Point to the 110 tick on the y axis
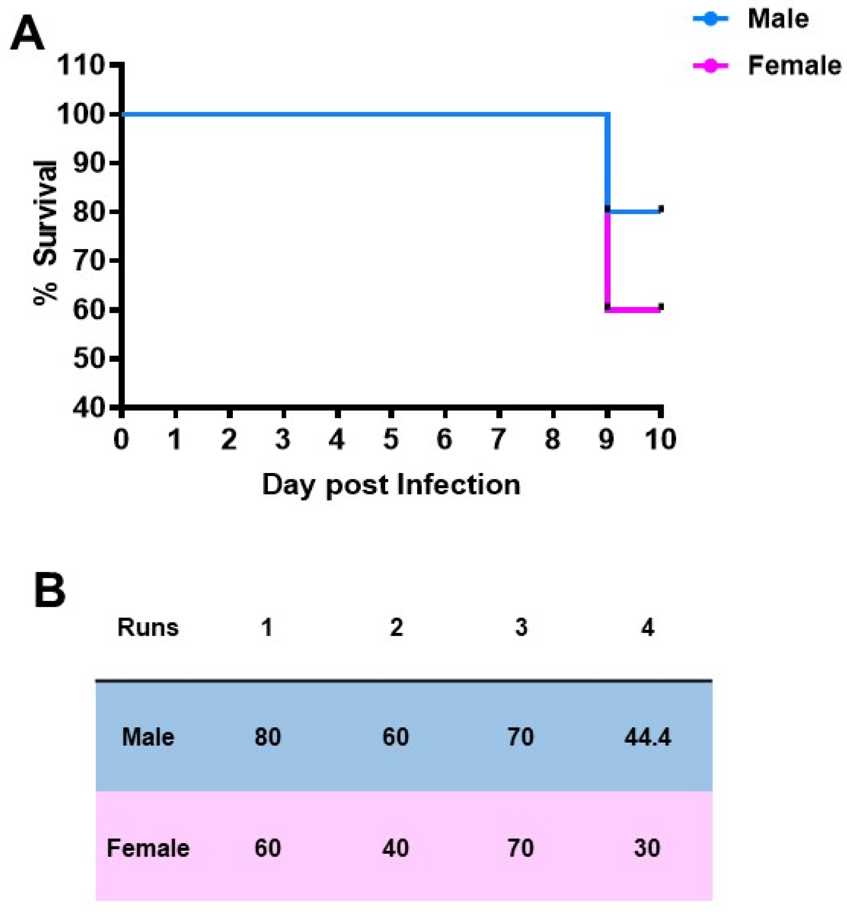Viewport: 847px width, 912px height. [80, 65]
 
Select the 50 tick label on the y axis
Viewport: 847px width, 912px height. [89, 359]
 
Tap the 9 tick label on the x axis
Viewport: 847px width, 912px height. [606, 439]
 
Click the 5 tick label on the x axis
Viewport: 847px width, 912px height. [391, 439]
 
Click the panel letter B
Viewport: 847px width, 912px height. [50, 591]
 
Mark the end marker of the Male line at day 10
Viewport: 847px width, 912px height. [661, 209]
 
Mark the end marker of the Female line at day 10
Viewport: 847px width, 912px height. [661, 307]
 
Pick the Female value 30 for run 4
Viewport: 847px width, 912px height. [647, 848]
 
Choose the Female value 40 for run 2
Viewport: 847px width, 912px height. [395, 848]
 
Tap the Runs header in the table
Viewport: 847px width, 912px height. [147, 627]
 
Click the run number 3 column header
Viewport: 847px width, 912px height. [521, 627]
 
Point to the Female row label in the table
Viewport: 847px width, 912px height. [147, 848]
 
